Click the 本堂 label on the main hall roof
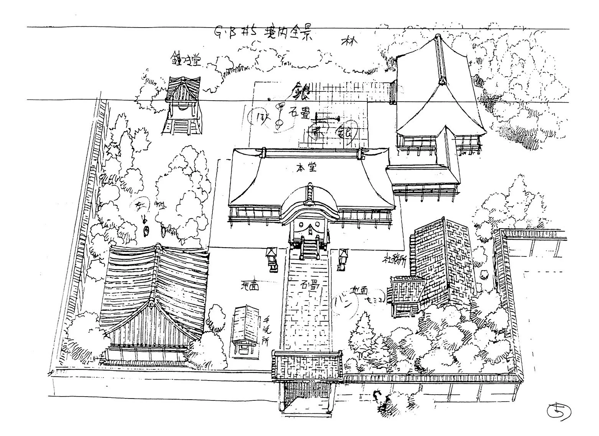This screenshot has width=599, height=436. [306, 168]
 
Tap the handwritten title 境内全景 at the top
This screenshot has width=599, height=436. [286, 33]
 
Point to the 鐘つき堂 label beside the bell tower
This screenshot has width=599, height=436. [186, 59]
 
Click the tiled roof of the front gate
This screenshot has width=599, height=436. [307, 365]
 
